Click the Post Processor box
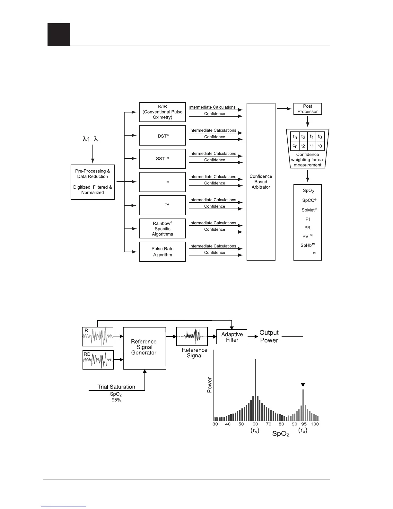click(307, 109)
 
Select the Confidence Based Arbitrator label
click(261, 182)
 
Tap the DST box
click(162, 136)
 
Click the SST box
click(162, 159)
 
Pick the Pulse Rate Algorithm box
click(162, 252)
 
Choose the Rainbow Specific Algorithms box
click(162, 228)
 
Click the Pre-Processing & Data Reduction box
click(92, 182)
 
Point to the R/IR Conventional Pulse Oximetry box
click(162, 112)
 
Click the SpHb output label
click(307, 245)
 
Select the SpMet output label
click(309, 210)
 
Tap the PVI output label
click(307, 237)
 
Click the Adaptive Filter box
click(232, 337)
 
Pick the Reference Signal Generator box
click(144, 348)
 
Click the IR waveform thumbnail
click(98, 336)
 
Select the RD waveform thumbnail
click(98, 360)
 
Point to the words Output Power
click(269, 336)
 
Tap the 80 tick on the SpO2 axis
click(281, 424)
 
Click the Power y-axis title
click(210, 385)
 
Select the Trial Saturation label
click(116, 387)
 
